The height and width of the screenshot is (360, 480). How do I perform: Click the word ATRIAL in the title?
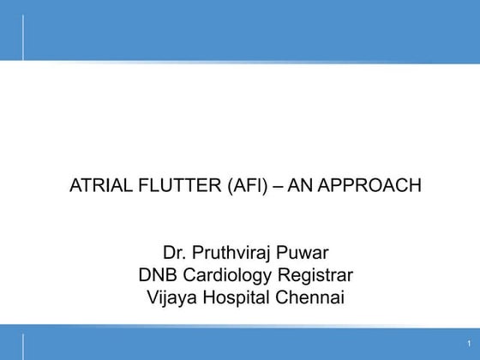(x=95, y=184)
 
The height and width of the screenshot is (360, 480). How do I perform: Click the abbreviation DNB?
(x=157, y=276)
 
